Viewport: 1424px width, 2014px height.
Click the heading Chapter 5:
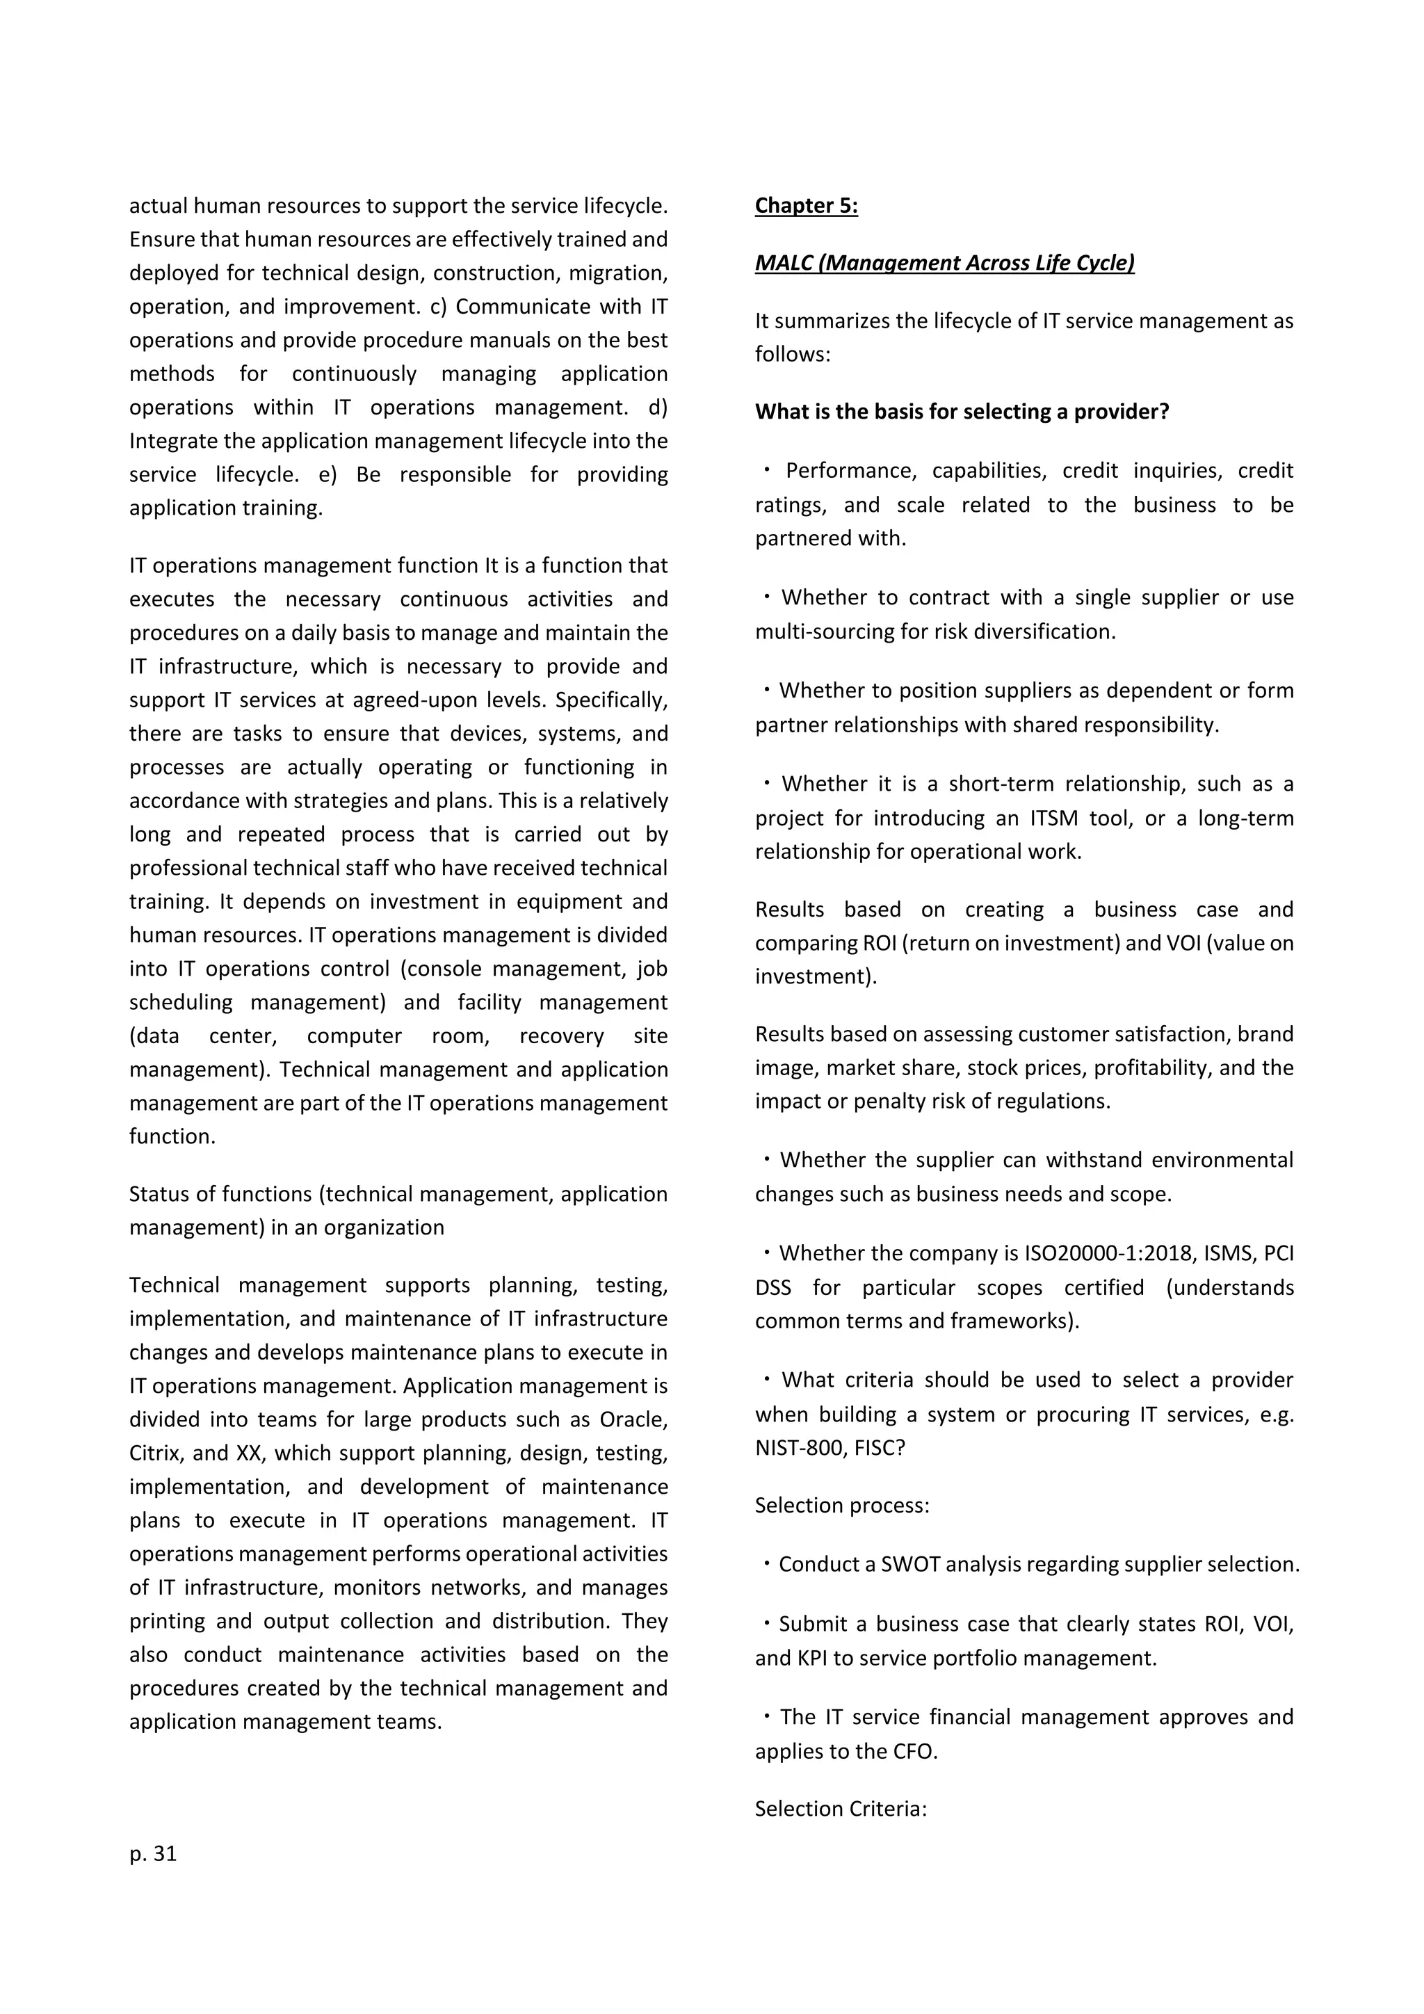[806, 205]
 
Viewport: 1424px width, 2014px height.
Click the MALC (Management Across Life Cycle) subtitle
[944, 263]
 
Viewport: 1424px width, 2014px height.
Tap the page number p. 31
[154, 1853]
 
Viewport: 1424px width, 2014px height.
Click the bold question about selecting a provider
[962, 412]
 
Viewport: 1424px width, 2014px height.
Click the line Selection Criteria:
[840, 1809]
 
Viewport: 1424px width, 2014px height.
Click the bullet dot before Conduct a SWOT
[766, 1564]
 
